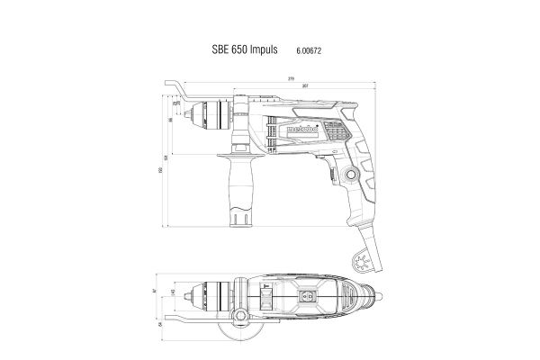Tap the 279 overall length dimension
[x=291, y=80]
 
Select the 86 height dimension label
[x=171, y=119]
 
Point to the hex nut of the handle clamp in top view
[x=242, y=317]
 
